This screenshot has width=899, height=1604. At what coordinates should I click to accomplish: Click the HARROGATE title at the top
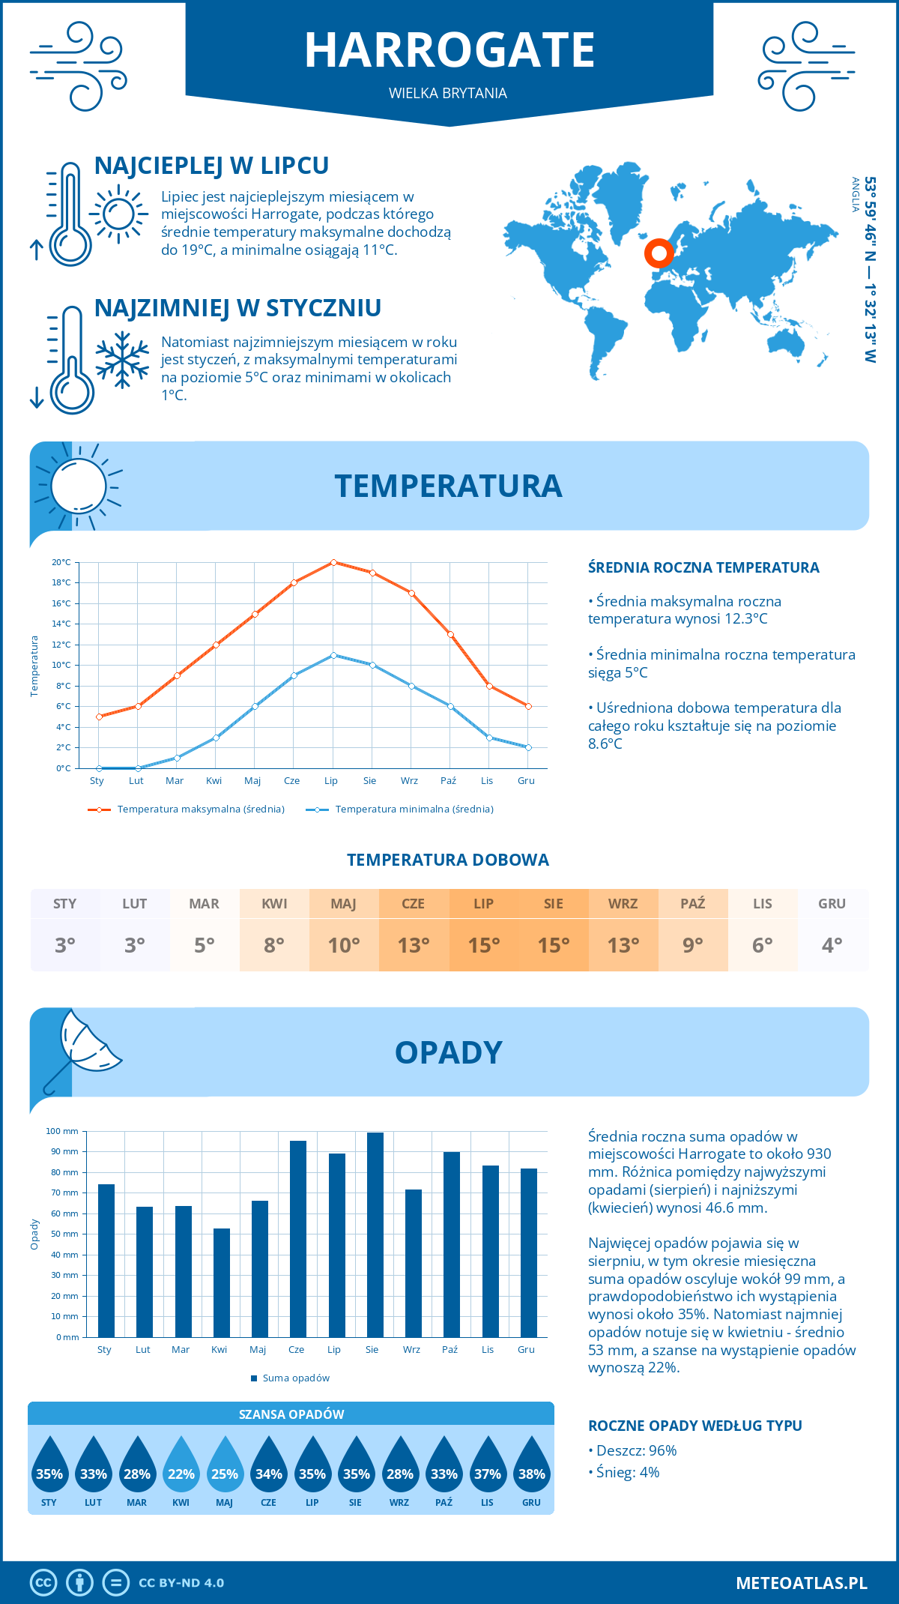pyautogui.click(x=449, y=50)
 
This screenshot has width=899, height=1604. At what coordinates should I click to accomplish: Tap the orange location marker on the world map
pyautogui.click(x=659, y=253)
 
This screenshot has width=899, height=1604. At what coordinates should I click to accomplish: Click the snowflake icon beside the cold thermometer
pyautogui.click(x=122, y=360)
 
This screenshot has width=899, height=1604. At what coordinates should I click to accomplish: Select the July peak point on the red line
pyautogui.click(x=333, y=562)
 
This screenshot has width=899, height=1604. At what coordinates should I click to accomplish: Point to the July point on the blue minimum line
pyautogui.click(x=333, y=655)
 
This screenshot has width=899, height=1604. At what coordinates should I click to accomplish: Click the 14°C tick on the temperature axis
pyautogui.click(x=61, y=624)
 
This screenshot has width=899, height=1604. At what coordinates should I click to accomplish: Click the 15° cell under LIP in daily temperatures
pyautogui.click(x=483, y=945)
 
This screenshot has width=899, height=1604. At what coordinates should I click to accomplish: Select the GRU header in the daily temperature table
pyautogui.click(x=832, y=904)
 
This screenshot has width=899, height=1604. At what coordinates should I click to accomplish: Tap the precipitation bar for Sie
pyautogui.click(x=375, y=1235)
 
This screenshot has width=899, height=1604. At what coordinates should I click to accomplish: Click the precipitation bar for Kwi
pyautogui.click(x=222, y=1282)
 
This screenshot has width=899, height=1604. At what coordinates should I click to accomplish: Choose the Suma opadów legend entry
pyautogui.click(x=295, y=1378)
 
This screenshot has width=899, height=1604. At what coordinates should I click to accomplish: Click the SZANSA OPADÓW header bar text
pyautogui.click(x=291, y=1414)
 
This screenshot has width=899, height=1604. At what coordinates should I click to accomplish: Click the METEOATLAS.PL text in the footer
pyautogui.click(x=801, y=1583)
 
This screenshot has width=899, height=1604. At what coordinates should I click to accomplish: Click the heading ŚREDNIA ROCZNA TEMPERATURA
pyautogui.click(x=703, y=567)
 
